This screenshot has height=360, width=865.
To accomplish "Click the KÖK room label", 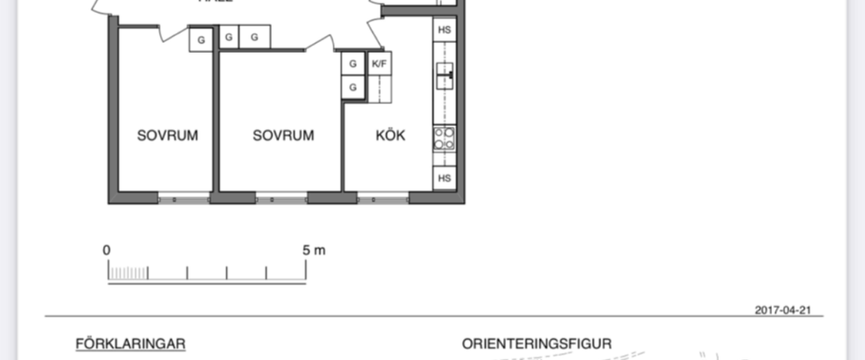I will [x=390, y=136].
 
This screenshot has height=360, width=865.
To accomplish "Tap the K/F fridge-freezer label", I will [x=380, y=64].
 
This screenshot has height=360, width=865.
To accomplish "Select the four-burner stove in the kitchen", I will [x=444, y=139].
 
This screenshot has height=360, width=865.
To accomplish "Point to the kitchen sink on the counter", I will [x=444, y=75].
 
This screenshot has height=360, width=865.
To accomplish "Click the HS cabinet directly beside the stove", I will [x=444, y=178].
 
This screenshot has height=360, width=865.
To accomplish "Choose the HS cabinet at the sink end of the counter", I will [x=444, y=30].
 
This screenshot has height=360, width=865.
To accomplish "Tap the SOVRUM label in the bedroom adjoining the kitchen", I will [x=283, y=136].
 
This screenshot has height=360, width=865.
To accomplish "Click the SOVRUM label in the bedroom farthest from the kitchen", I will [x=168, y=136].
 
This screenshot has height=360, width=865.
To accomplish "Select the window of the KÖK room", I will [x=383, y=199].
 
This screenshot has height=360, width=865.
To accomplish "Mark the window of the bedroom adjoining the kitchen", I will [x=282, y=199].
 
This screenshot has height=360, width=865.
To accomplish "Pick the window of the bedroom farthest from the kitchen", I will [x=184, y=199].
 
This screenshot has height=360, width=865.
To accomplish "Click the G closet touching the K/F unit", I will [x=353, y=64].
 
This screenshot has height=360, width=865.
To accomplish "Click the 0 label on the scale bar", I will [x=107, y=250].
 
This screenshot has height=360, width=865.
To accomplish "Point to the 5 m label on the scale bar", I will [x=314, y=250].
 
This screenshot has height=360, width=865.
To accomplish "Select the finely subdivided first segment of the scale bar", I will [x=128, y=274].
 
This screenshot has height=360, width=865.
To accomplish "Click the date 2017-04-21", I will [x=781, y=310].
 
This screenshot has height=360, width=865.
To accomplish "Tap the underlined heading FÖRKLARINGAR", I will [x=130, y=344].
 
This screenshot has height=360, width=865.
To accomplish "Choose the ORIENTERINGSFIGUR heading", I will [x=536, y=344].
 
